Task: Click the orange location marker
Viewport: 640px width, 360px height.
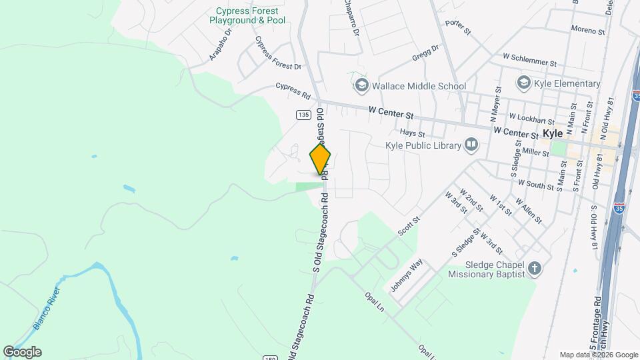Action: click(321, 159)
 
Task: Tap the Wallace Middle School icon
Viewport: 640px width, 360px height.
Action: click(362, 85)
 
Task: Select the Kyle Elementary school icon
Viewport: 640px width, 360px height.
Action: click(523, 83)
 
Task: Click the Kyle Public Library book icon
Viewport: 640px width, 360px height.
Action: click(471, 144)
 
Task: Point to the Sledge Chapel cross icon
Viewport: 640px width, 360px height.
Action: click(534, 269)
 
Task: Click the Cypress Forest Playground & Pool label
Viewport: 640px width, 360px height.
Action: click(247, 16)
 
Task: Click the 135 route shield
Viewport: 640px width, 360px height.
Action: click(303, 115)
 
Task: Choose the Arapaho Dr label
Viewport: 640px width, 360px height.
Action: click(220, 44)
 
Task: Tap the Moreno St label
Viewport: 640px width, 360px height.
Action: click(587, 30)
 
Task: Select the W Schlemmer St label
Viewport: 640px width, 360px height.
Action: click(529, 61)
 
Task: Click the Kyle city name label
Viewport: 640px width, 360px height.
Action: click(553, 133)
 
